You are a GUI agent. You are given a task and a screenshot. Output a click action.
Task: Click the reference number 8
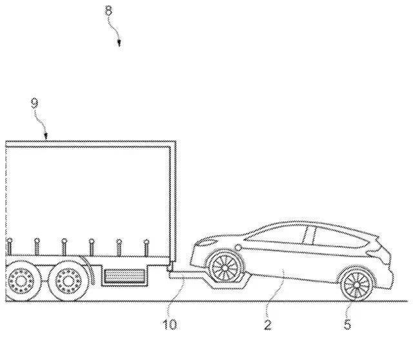click(x=108, y=11)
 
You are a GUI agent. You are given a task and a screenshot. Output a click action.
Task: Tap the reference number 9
click(x=35, y=103)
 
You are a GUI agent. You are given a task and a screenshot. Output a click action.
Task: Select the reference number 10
click(x=170, y=325)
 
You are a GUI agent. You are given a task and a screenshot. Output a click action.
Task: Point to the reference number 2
click(x=268, y=325)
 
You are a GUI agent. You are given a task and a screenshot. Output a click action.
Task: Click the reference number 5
click(x=347, y=325)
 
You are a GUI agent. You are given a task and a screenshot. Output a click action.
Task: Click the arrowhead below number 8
click(x=119, y=43)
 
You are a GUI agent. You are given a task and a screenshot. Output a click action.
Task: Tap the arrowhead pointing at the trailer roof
click(x=46, y=136)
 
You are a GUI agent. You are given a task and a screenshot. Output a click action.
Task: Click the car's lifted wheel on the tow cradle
click(x=225, y=267)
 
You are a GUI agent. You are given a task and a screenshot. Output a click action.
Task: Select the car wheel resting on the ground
click(x=356, y=285)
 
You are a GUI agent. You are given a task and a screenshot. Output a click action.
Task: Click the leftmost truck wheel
click(x=21, y=281)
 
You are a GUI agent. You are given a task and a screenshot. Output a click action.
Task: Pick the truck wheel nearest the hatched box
click(x=68, y=281)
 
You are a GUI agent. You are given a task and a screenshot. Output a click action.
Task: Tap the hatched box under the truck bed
click(x=125, y=276)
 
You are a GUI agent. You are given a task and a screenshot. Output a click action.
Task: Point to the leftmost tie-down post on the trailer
click(x=10, y=247)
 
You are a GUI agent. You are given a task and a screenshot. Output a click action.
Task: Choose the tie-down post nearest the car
click(x=146, y=248)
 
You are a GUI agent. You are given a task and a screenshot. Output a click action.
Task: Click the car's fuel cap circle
click(x=238, y=248)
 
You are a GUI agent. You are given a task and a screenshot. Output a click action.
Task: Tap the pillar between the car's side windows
click(x=308, y=235)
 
